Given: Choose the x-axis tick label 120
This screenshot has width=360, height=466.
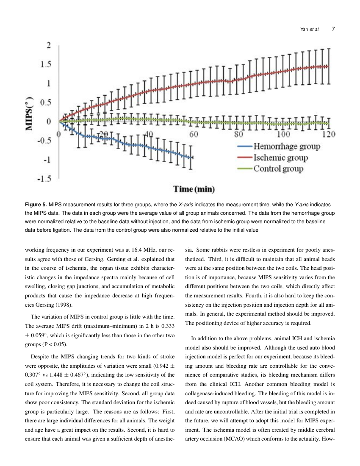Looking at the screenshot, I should tap(328, 135).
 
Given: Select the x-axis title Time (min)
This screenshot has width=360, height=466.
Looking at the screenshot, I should tap(194, 189).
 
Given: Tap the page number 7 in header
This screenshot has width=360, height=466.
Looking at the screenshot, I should tap(334, 29).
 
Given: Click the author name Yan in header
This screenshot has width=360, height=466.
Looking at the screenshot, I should tap(304, 30).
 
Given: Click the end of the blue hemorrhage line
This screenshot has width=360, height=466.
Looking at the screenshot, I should tap(193, 158).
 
